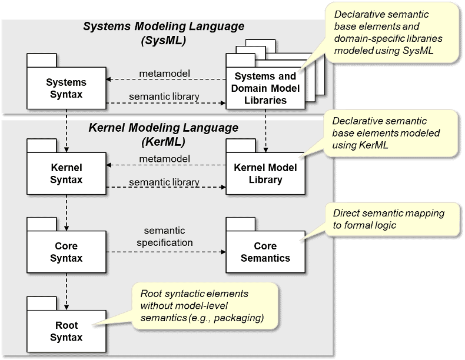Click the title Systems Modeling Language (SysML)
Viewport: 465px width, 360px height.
pyautogui.click(x=164, y=33)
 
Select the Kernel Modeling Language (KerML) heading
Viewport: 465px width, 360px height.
pyautogui.click(x=164, y=135)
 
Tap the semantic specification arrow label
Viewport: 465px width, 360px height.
pyautogui.click(x=165, y=236)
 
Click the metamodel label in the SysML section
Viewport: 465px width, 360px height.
pyautogui.click(x=165, y=74)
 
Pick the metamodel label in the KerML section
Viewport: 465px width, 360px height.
pyautogui.click(x=165, y=159)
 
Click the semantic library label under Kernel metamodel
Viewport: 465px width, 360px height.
pyautogui.click(x=164, y=182)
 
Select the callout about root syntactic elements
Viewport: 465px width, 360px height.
pyautogui.click(x=205, y=306)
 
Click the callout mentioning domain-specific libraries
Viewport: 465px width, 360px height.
pyautogui.click(x=392, y=32)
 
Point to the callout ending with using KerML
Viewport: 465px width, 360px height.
pyautogui.click(x=391, y=133)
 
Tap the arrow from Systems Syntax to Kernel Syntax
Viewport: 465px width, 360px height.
pyautogui.click(x=67, y=131)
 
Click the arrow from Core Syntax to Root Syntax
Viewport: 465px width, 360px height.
pyautogui.click(x=67, y=292)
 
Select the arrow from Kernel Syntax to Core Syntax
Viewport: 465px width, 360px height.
pyautogui.click(x=67, y=213)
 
